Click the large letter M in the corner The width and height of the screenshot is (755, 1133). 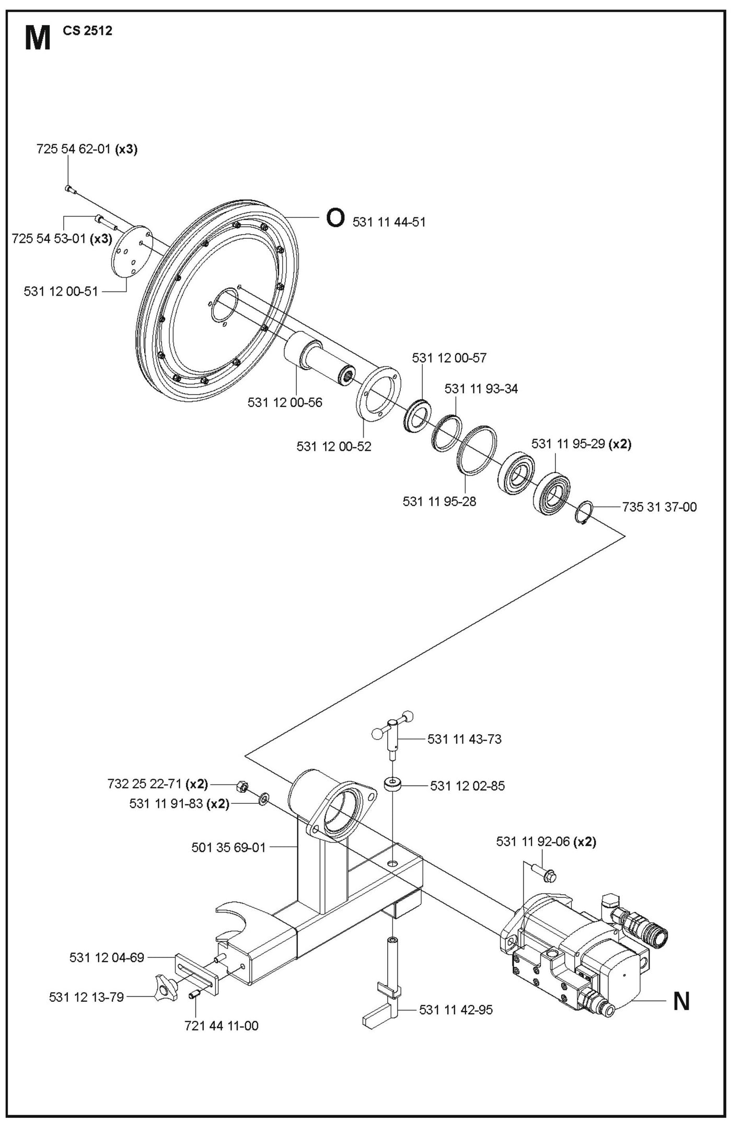[37, 39]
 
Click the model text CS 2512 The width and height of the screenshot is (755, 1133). [87, 31]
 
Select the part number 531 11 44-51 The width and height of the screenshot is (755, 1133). [389, 222]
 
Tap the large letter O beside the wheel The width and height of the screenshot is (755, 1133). [335, 218]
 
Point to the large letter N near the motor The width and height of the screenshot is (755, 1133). [681, 1002]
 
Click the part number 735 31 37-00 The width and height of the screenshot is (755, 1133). [659, 507]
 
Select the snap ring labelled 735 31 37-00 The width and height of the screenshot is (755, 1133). [584, 512]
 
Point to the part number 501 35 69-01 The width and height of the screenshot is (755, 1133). [228, 847]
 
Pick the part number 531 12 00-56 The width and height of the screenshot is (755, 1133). [285, 402]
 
